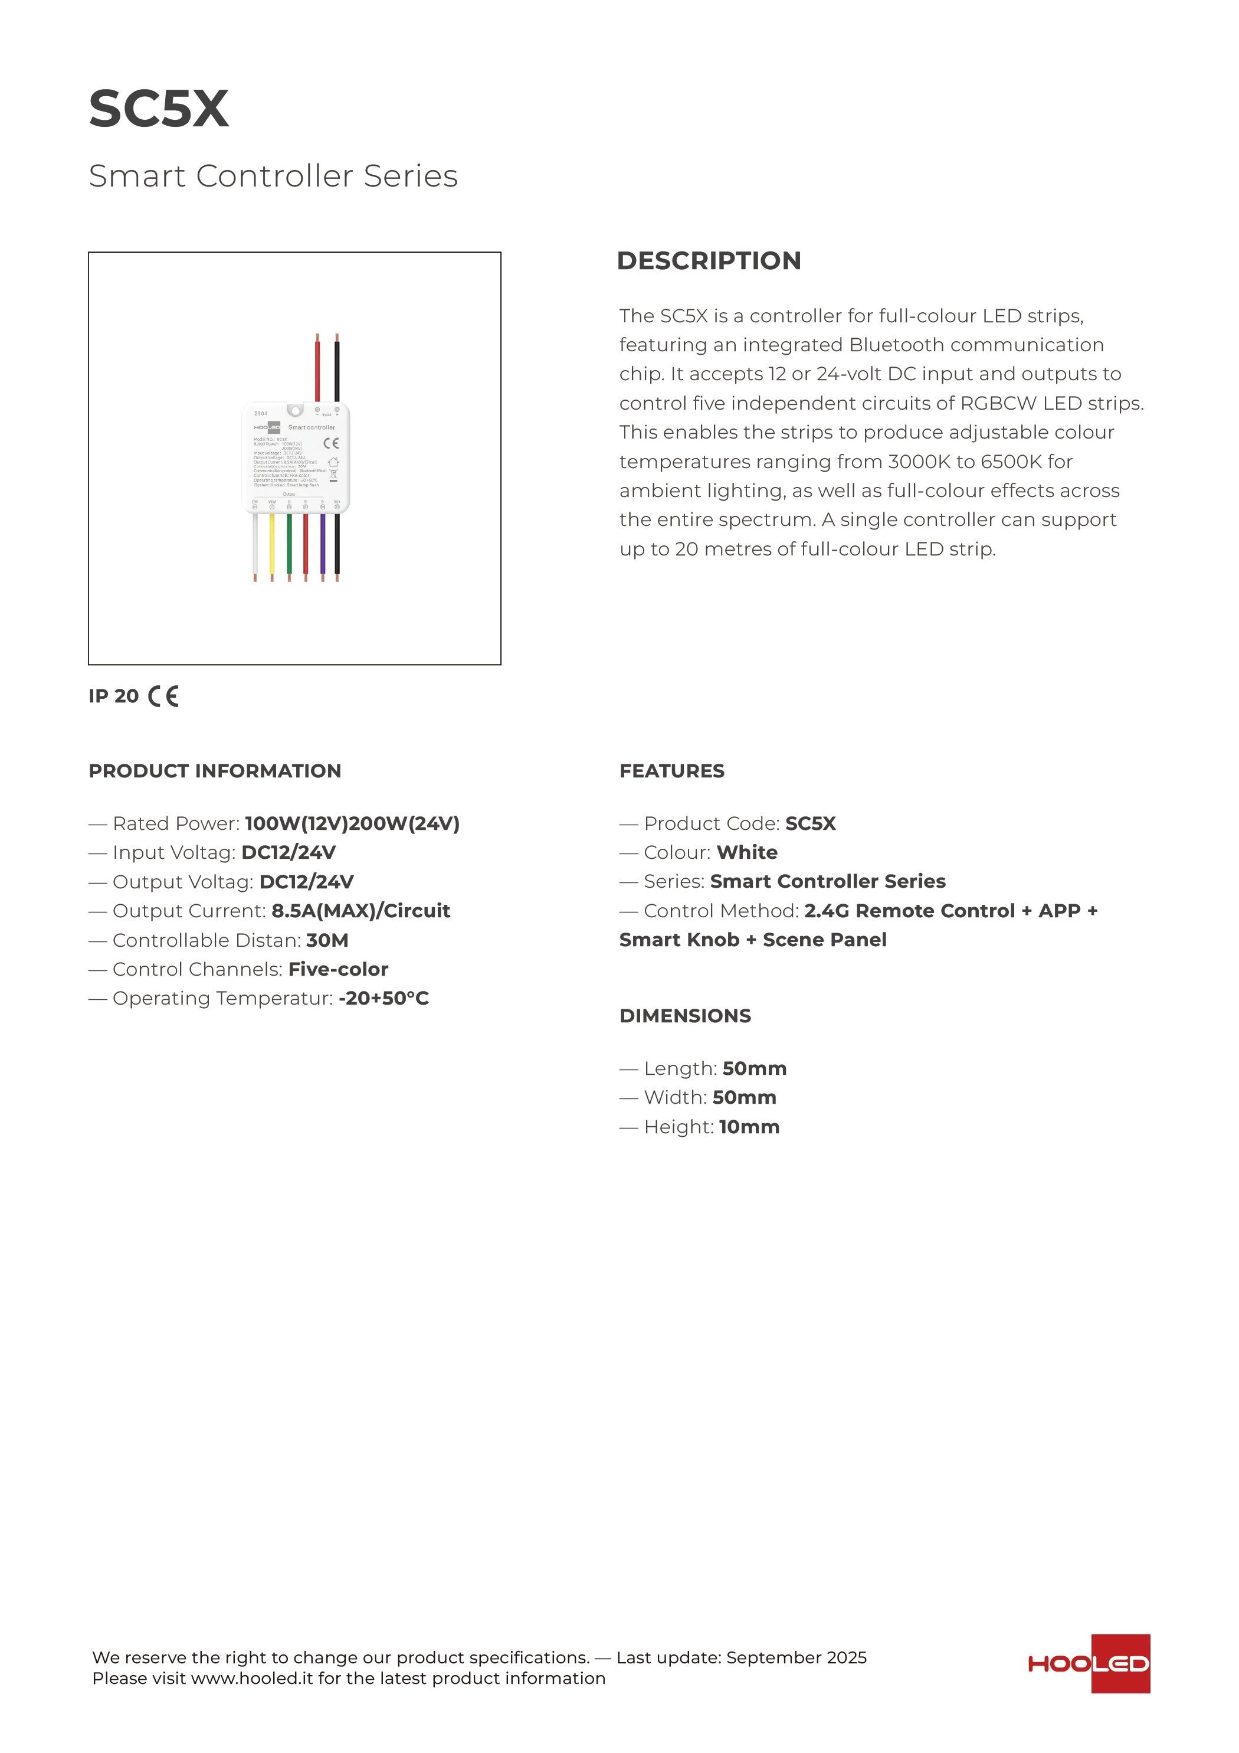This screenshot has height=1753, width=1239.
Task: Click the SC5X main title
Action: click(x=159, y=109)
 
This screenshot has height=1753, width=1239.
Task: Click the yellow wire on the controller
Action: click(x=272, y=544)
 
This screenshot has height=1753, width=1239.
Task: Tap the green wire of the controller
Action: click(x=289, y=544)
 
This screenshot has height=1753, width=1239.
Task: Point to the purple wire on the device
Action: click(x=322, y=544)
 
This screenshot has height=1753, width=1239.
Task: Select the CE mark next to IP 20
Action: click(x=163, y=696)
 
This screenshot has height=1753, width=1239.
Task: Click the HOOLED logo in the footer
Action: click(x=1089, y=1664)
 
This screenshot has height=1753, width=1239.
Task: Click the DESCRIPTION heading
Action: click(x=709, y=261)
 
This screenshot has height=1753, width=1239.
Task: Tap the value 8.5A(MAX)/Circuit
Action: click(x=360, y=911)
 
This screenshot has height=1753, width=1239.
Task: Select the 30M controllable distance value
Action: click(x=327, y=941)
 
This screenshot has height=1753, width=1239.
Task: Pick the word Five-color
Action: click(x=338, y=970)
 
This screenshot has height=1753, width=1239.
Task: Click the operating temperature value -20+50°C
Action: click(x=383, y=999)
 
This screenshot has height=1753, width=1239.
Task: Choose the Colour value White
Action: click(x=748, y=853)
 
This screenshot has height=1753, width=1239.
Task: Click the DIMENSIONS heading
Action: click(x=685, y=1016)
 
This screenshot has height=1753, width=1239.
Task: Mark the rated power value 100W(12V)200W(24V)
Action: click(x=352, y=824)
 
